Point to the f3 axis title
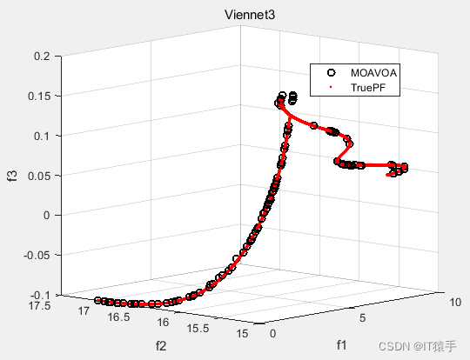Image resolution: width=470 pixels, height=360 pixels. click(x=13, y=176)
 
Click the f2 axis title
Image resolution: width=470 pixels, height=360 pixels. click(x=160, y=344)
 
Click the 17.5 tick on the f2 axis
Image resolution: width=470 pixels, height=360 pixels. click(x=40, y=304)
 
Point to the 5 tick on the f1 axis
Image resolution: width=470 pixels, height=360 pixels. click(x=365, y=318)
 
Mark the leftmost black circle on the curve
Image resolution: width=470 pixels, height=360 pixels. click(x=97, y=299)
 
